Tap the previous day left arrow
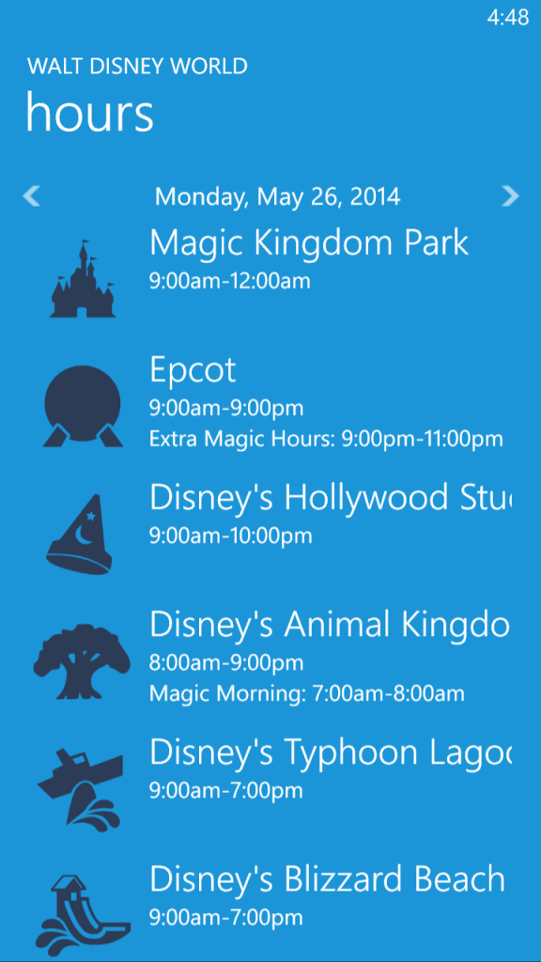coord(31,196)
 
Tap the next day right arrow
coord(510,196)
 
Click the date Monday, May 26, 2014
coord(277,197)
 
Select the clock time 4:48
coord(508,18)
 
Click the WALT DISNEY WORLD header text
coord(137,67)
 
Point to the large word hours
coord(89,112)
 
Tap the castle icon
coord(83,279)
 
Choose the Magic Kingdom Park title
coord(309,243)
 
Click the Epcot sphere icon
coord(83,406)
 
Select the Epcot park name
coord(193,370)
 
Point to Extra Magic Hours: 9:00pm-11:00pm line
coord(326,439)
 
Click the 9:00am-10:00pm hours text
coord(231,535)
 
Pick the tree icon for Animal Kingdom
coord(82,661)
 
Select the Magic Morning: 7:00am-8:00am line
coord(307,694)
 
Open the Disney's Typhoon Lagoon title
coord(331,753)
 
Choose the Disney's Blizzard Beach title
coord(328,879)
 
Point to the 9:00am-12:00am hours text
coord(230,281)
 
